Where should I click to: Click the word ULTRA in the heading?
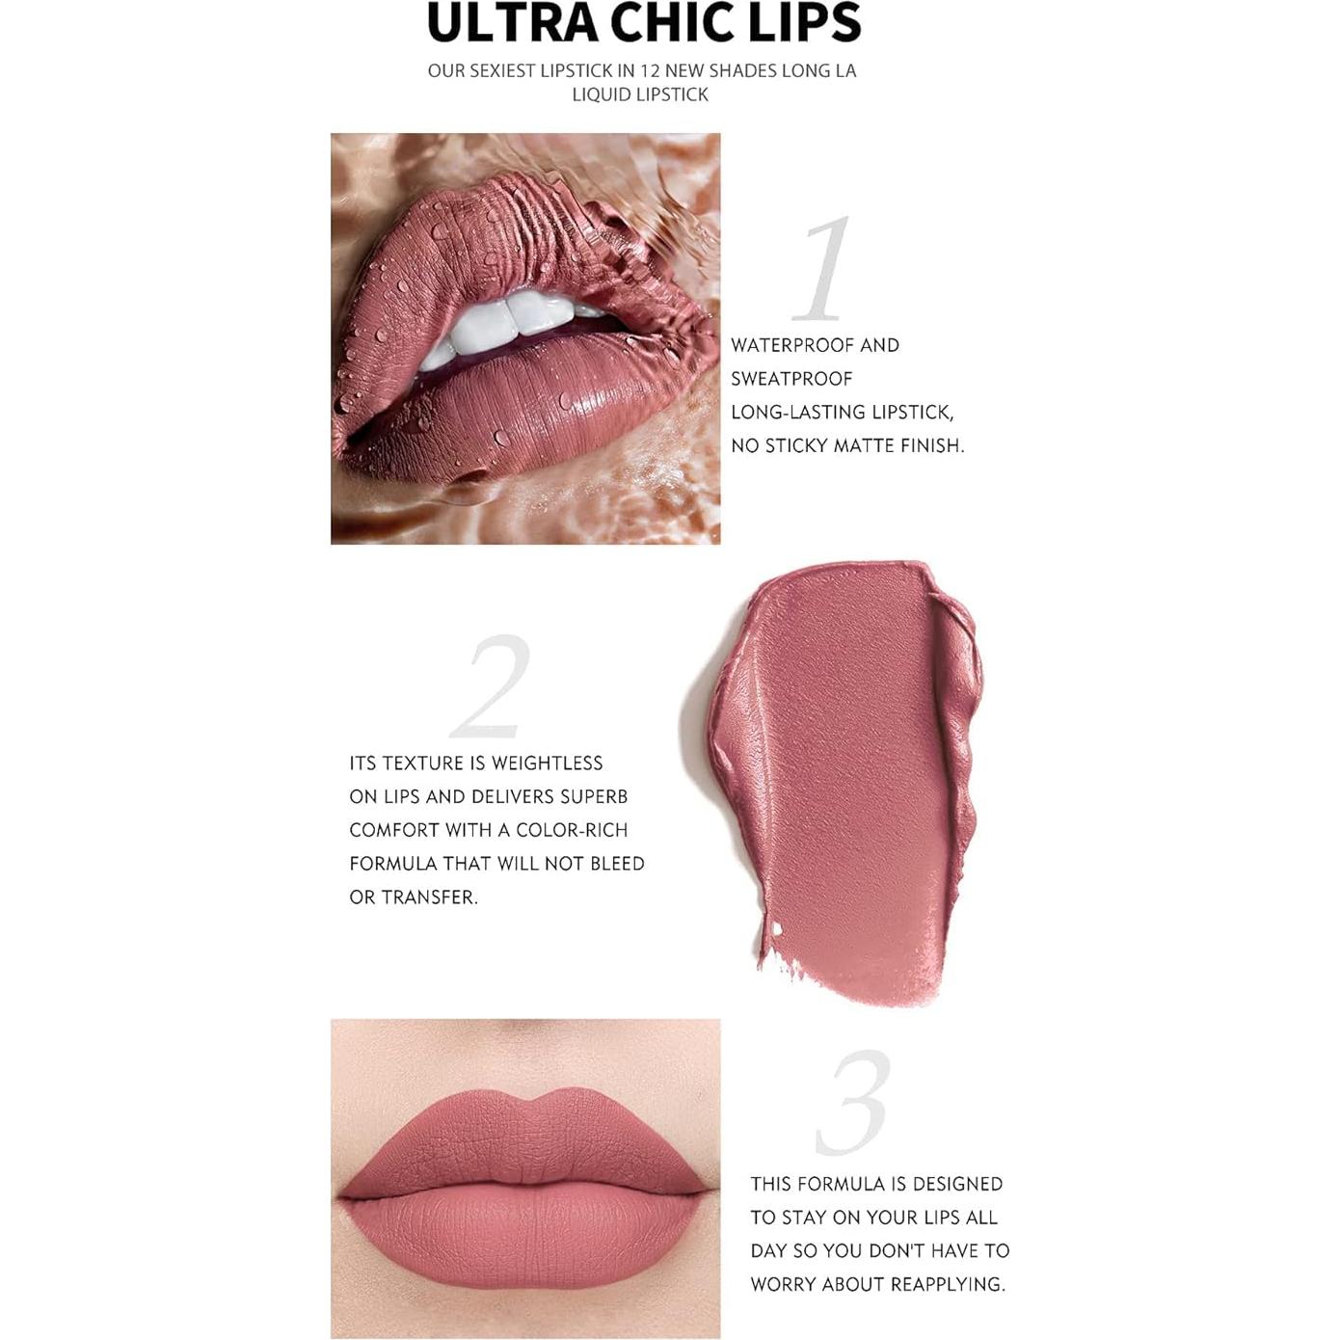[512, 23]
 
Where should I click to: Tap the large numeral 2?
[492, 685]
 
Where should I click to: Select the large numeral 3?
[853, 1103]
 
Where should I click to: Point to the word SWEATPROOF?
[791, 379]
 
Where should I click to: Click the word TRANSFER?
[429, 898]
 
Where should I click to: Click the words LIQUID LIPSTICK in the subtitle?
[640, 94]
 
